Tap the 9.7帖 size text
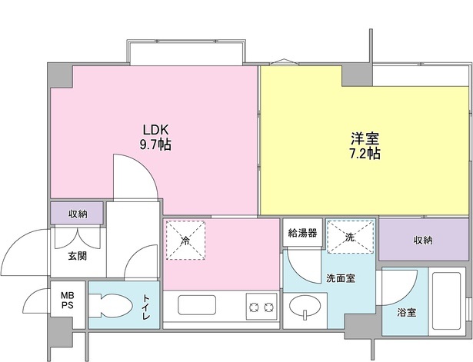click(x=155, y=144)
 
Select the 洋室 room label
click(x=365, y=139)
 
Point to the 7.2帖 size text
click(x=365, y=153)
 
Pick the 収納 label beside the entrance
click(x=77, y=214)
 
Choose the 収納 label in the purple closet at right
click(x=422, y=241)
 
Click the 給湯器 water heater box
click(x=302, y=233)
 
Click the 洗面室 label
click(x=339, y=277)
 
